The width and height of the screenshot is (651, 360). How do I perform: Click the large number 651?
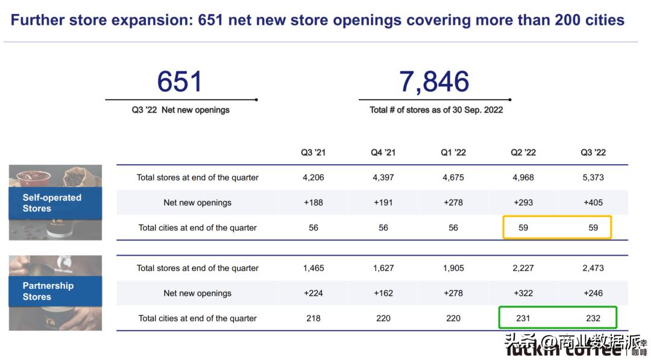[180, 81]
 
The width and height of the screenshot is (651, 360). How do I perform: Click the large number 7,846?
[434, 81]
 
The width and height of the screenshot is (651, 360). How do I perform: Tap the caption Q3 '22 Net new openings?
[181, 110]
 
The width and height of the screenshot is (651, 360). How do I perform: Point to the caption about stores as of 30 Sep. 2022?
[436, 110]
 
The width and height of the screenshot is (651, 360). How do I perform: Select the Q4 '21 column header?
[383, 153]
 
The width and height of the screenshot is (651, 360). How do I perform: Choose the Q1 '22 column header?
[453, 153]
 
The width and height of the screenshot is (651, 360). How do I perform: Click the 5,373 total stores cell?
[593, 177]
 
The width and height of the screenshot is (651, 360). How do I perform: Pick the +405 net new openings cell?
[593, 203]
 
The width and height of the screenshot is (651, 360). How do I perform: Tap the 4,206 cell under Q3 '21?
[313, 177]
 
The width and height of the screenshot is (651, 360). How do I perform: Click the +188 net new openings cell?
[313, 203]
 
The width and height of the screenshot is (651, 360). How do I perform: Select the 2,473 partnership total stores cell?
[593, 268]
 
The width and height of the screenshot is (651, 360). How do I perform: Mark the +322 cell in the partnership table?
[523, 293]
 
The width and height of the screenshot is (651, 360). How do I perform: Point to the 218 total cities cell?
[313, 318]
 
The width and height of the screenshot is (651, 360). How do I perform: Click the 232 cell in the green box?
[593, 318]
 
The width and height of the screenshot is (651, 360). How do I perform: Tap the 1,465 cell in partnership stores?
[313, 268]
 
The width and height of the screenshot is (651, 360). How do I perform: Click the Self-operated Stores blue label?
[52, 203]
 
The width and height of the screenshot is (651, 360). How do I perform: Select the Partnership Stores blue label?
[48, 291]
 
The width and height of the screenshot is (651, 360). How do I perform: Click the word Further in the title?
[37, 21]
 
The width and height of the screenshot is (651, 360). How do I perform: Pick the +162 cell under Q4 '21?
[383, 293]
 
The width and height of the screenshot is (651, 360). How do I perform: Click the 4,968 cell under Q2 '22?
[523, 177]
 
